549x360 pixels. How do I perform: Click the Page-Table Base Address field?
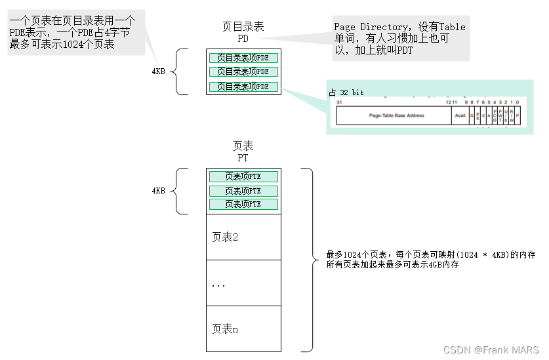[396, 115]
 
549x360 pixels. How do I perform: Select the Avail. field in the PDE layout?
[460, 115]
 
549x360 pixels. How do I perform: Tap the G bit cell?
[471, 115]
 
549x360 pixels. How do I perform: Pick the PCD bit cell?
[495, 115]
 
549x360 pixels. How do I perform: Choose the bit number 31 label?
[339, 102]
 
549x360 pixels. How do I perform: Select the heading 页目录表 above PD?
[243, 26]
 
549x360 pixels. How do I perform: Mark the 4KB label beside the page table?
[158, 191]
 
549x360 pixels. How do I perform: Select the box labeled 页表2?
[243, 237]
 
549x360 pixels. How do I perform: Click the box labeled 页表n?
[243, 329]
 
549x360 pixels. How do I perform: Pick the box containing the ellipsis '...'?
[243, 283]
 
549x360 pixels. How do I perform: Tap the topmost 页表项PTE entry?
[243, 176]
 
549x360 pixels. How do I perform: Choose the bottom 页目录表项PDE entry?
[243, 87]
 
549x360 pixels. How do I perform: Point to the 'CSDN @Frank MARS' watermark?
[491, 350]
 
